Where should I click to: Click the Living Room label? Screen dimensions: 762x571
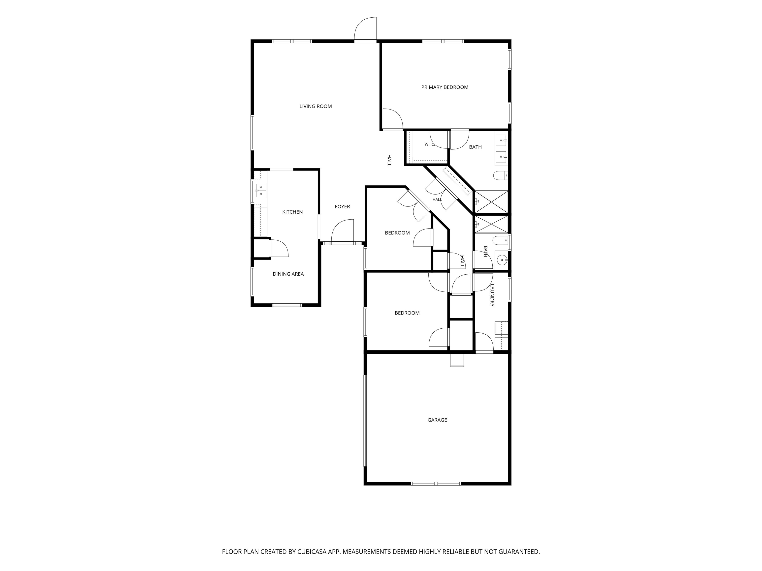click(316, 106)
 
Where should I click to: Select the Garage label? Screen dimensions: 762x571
click(437, 420)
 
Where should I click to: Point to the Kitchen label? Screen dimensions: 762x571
click(292, 212)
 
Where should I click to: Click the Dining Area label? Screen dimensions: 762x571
click(288, 274)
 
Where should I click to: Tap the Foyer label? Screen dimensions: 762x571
click(342, 206)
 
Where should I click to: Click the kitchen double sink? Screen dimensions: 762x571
click(261, 190)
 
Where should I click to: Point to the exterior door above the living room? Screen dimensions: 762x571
click(366, 29)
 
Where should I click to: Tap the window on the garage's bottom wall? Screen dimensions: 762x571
click(436, 484)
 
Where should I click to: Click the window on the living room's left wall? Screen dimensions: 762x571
click(253, 133)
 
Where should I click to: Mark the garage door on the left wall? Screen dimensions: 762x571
click(366, 421)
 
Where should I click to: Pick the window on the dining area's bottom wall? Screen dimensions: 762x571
click(287, 305)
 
